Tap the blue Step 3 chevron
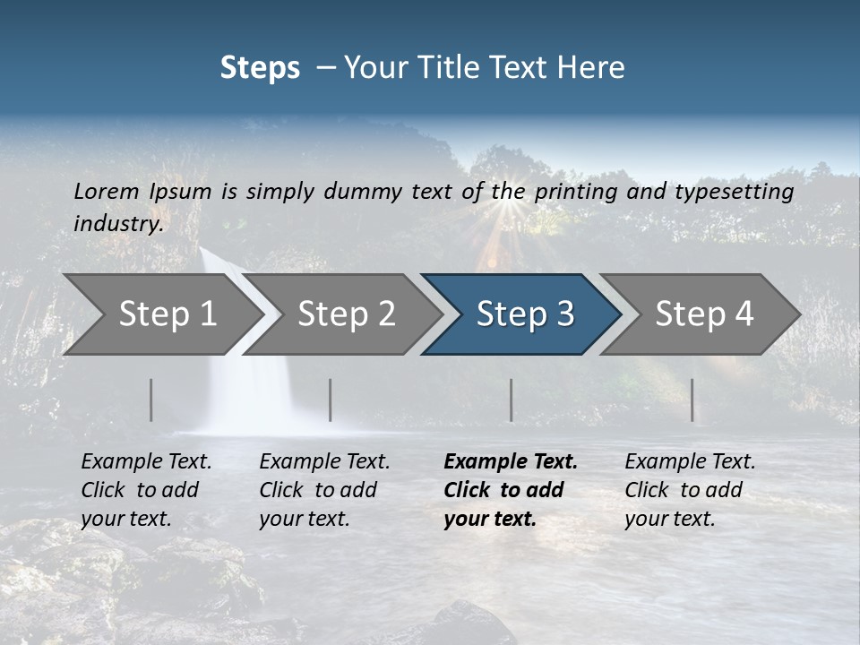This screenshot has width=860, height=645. pyautogui.click(x=525, y=314)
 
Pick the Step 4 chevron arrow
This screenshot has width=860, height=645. pyautogui.click(x=704, y=314)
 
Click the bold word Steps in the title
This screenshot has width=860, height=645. pyautogui.click(x=260, y=67)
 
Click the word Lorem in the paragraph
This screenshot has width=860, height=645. pyautogui.click(x=107, y=191)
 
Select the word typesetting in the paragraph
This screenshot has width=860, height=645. pyautogui.click(x=734, y=191)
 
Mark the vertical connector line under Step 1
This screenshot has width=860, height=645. pyautogui.click(x=151, y=400)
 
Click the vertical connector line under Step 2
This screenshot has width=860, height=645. pyautogui.click(x=331, y=400)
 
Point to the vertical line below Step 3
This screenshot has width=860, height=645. pyautogui.click(x=512, y=400)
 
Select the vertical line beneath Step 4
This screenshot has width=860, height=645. pyautogui.click(x=692, y=400)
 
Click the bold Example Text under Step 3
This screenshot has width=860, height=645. pyautogui.click(x=511, y=462)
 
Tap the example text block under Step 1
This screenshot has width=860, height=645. pyautogui.click(x=146, y=490)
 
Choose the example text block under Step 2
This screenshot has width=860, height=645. pyautogui.click(x=324, y=490)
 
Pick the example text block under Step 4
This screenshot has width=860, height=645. pyautogui.click(x=690, y=490)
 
